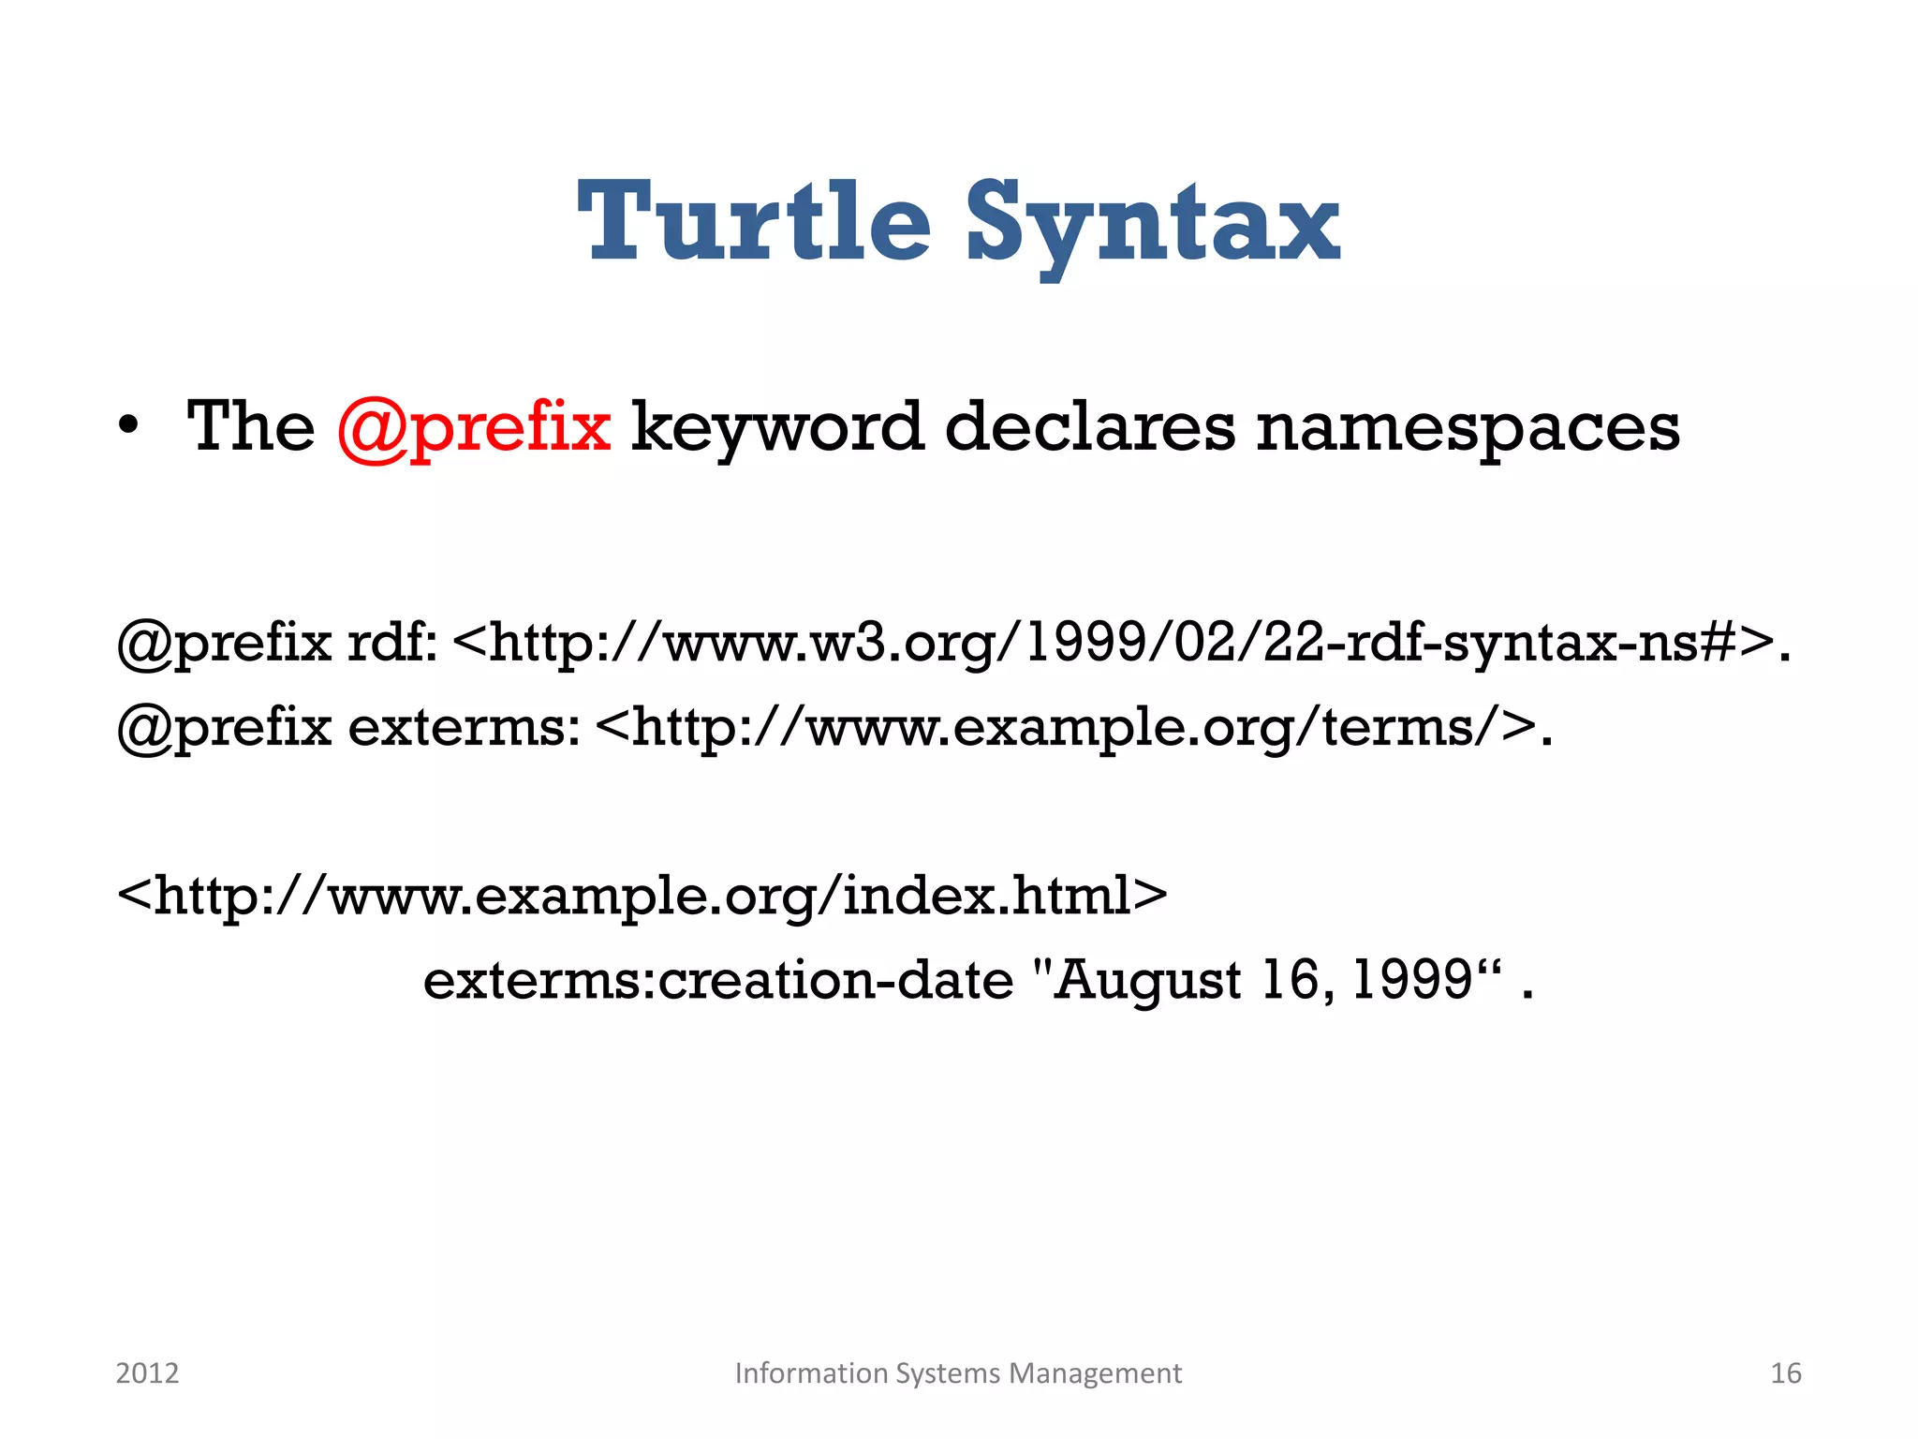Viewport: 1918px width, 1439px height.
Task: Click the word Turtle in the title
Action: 754,222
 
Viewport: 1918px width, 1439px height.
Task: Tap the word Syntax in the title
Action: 1153,225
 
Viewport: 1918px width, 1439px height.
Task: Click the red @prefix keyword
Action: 474,428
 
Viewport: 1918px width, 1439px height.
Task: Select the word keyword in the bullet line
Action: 777,428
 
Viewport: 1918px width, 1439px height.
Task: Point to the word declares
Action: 1090,428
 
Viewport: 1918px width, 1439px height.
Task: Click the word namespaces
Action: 1468,428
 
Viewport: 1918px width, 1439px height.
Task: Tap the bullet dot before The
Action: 129,427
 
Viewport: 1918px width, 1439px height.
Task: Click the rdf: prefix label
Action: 392,643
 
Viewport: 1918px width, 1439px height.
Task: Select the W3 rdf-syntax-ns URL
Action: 1114,644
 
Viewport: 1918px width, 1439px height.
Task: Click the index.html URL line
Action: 642,896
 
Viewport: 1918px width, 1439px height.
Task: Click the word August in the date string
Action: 1148,982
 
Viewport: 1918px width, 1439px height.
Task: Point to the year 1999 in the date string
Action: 1413,981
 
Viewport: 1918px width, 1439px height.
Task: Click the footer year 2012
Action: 147,1373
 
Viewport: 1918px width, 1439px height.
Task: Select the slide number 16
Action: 1785,1373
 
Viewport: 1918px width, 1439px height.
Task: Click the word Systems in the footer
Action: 948,1373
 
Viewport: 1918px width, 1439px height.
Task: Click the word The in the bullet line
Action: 251,427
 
